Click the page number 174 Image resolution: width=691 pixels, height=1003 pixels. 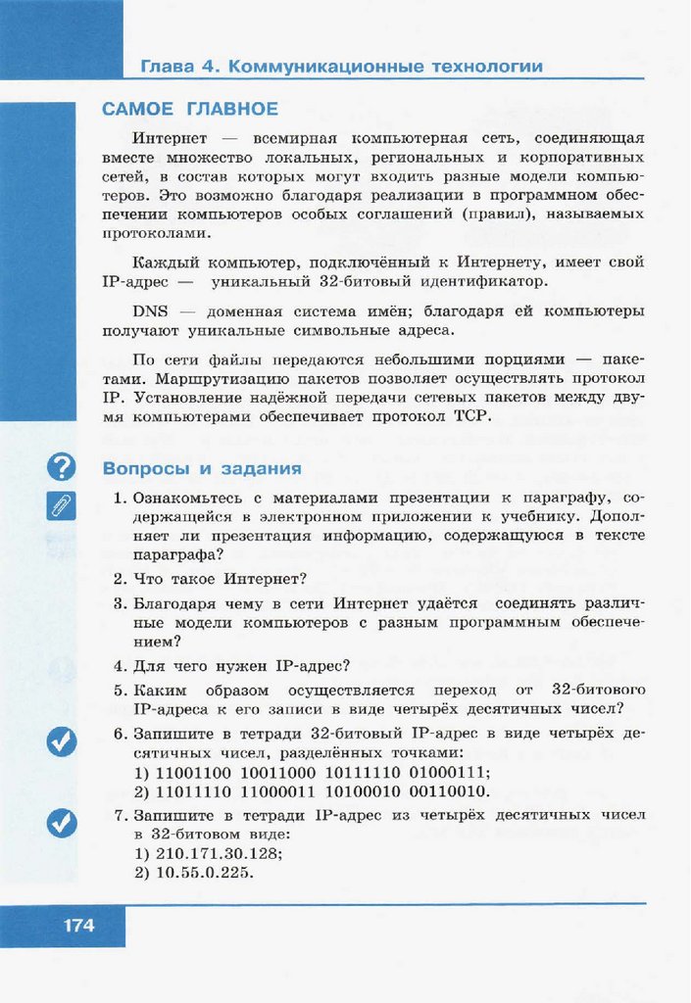[78, 924]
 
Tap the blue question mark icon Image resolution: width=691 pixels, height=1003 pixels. [62, 467]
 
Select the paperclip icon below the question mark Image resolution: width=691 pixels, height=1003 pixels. [62, 505]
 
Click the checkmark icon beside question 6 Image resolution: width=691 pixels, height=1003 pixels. [62, 743]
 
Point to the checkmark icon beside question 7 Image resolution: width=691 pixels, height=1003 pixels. [62, 824]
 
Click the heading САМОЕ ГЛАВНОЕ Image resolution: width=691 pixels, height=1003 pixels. [190, 109]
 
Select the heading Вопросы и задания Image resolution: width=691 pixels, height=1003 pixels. [202, 468]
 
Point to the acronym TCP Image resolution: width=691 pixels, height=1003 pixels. [470, 416]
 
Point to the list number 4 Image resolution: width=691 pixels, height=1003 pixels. [119, 666]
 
